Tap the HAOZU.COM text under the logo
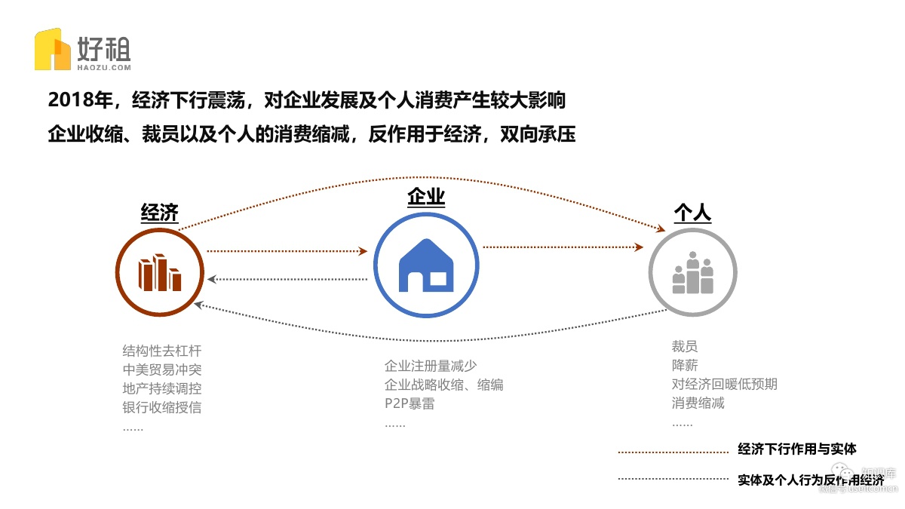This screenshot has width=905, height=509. (104, 67)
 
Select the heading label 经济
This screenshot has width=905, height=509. (160, 213)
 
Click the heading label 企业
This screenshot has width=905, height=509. (426, 198)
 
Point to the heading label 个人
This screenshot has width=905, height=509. (692, 213)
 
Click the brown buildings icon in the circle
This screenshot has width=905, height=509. (159, 272)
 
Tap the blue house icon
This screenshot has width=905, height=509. (426, 266)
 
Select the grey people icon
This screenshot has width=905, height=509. (692, 272)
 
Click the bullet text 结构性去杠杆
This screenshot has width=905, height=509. (162, 351)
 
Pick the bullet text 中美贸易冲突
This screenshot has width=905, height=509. (162, 370)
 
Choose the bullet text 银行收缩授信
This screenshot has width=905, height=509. (162, 408)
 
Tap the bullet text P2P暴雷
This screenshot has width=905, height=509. (410, 403)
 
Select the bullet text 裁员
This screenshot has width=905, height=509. (685, 347)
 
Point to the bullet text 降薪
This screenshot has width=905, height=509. (685, 366)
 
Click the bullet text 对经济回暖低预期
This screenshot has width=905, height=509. (724, 385)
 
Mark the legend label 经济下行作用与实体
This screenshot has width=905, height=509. (797, 450)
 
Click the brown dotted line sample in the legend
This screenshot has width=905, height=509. (673, 452)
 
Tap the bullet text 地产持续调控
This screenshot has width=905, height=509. (162, 389)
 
